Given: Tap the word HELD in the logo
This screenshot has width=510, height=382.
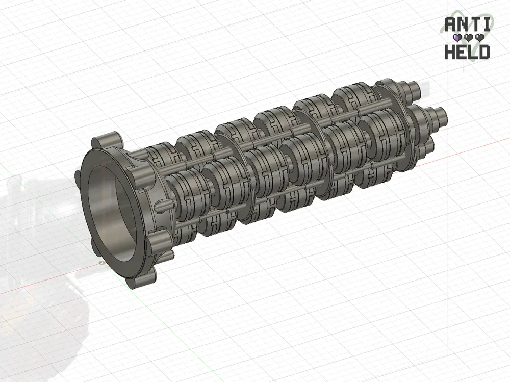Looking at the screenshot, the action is coord(467,52).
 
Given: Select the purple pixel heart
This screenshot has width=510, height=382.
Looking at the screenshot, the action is coord(457,38).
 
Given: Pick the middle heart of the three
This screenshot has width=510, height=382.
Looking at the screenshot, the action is coord(468,38).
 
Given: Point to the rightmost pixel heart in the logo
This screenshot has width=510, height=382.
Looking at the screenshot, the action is coord(479,38).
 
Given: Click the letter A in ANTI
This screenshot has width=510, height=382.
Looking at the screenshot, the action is coord(450,24).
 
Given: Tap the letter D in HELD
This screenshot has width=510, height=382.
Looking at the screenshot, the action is coord(484,52).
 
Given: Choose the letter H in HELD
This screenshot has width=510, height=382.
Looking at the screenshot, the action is coord(450,52).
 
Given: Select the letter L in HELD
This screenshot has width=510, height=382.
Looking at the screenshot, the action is coord(473,52).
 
